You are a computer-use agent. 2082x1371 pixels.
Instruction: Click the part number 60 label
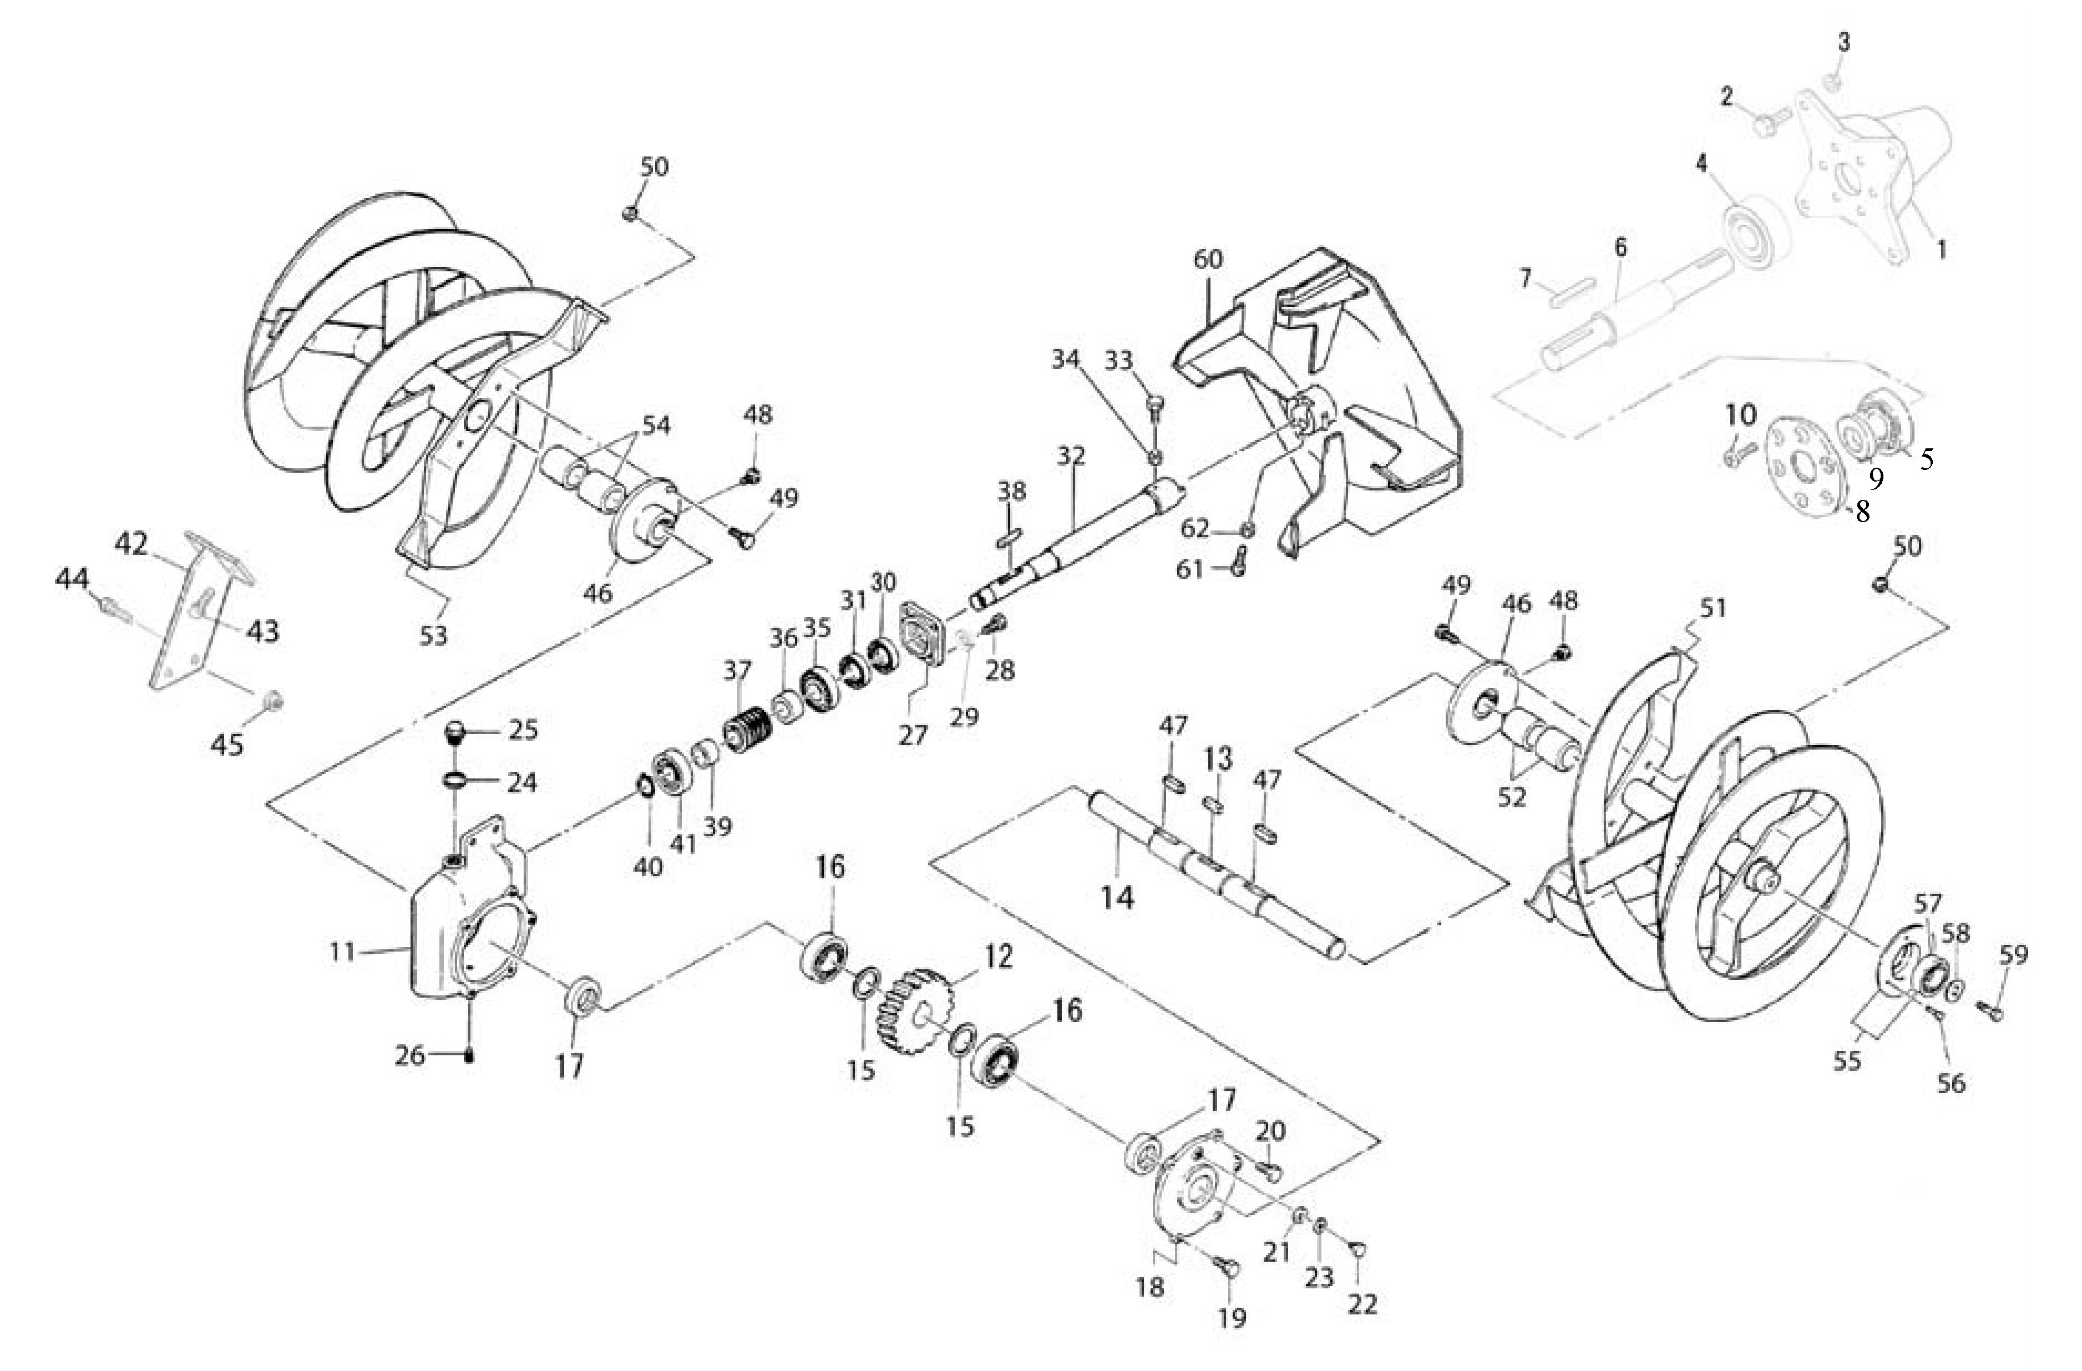(1208, 260)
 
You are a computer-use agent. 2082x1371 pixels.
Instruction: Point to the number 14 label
(1117, 898)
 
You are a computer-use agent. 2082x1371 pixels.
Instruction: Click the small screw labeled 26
(470, 1056)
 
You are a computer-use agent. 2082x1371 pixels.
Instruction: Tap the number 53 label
(434, 634)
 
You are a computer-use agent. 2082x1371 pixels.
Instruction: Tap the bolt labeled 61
(1238, 561)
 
